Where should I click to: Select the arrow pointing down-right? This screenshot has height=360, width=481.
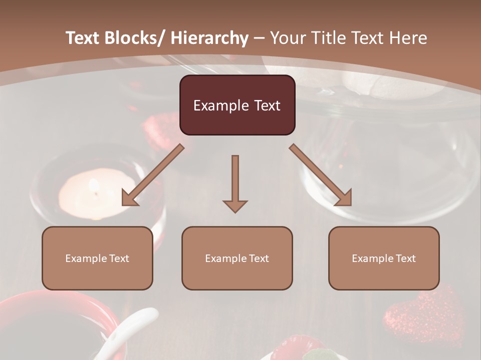tap(321, 175)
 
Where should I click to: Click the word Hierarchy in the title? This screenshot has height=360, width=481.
tap(209, 38)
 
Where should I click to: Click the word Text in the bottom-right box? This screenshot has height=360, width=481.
tap(405, 258)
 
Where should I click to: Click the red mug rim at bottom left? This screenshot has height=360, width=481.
tap(75, 300)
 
